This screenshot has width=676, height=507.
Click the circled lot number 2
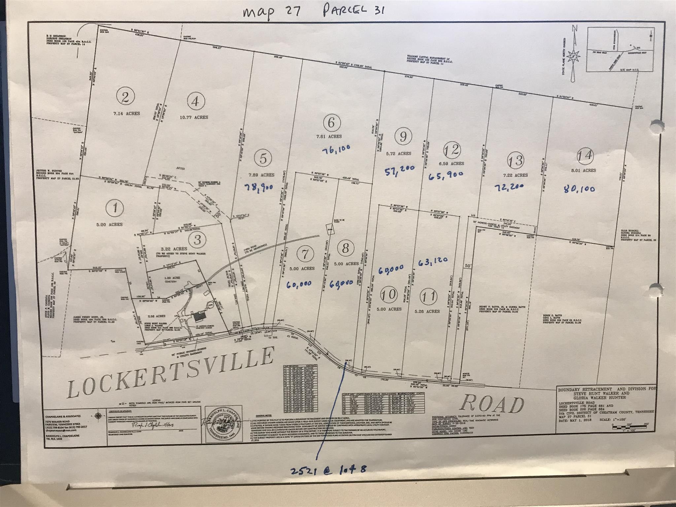(x=125, y=97)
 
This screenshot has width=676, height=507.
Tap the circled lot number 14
(x=585, y=155)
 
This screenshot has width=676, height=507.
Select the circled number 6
(x=331, y=123)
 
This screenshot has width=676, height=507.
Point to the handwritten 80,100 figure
(x=580, y=189)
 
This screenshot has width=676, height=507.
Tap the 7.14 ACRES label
(x=125, y=113)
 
